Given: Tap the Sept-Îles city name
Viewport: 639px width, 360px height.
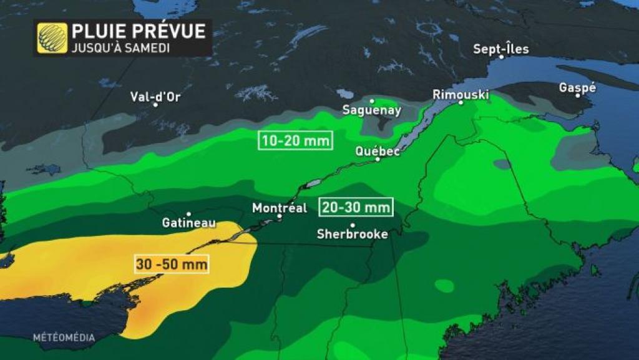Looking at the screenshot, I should click(x=500, y=48).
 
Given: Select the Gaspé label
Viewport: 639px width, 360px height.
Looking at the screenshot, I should click(x=577, y=87).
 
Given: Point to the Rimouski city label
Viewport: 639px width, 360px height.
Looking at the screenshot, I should click(x=461, y=94).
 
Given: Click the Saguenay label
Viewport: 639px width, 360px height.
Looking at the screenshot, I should click(x=372, y=110).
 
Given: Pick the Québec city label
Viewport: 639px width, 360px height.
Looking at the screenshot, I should click(x=377, y=151).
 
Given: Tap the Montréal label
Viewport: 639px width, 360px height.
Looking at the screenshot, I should click(x=280, y=208).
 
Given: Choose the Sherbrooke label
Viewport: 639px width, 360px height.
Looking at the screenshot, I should click(x=353, y=234).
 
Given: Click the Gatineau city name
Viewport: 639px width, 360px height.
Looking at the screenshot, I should click(x=188, y=222).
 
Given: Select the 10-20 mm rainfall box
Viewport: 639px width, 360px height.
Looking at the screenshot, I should click(x=296, y=140).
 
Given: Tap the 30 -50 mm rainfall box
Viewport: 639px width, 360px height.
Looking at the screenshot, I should click(x=171, y=263).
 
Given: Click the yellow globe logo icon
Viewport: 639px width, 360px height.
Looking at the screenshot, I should click(x=52, y=38).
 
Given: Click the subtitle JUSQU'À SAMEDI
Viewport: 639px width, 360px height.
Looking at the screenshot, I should click(x=121, y=48).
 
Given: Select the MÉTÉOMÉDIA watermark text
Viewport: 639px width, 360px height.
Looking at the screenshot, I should click(x=64, y=338).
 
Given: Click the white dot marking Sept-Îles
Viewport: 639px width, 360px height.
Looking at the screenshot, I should click(x=501, y=57).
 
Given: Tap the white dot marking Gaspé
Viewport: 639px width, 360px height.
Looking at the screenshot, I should click(x=578, y=96).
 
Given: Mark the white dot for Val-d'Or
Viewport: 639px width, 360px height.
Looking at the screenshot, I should click(x=155, y=105).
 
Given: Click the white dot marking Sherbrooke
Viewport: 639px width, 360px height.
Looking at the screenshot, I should click(x=353, y=225).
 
